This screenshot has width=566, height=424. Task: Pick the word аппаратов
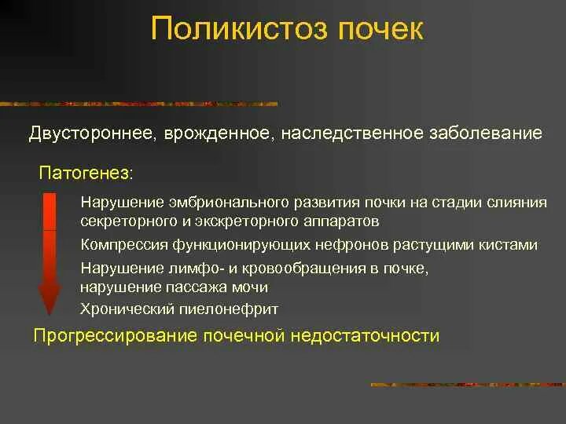[x=344, y=221]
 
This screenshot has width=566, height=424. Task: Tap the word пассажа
[x=202, y=286]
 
